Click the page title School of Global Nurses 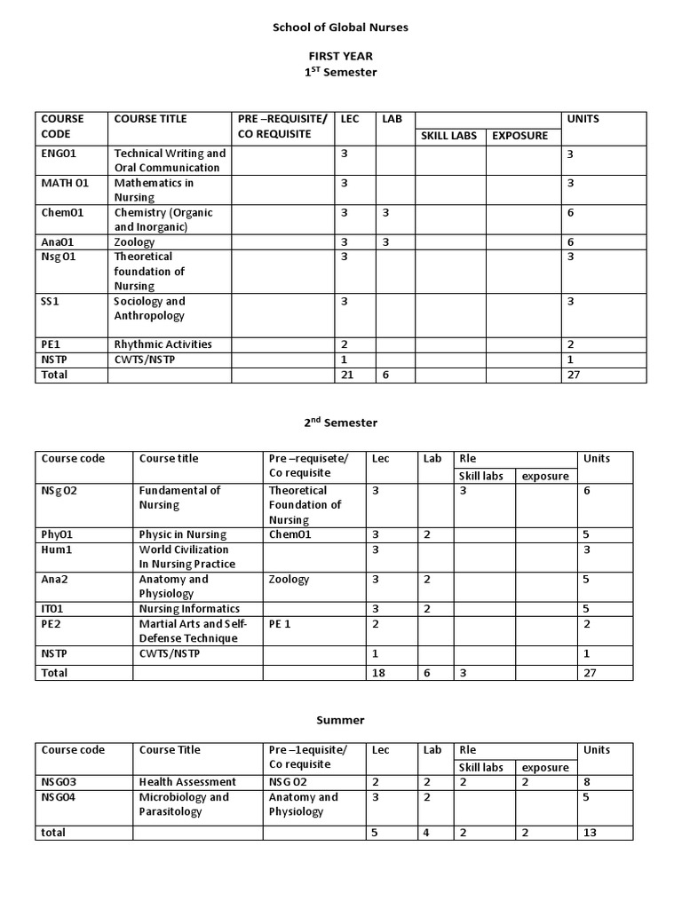pos(340,28)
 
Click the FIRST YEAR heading pos(340,57)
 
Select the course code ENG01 pos(59,153)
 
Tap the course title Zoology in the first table pos(134,241)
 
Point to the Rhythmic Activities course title pos(163,344)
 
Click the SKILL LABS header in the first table pos(448,136)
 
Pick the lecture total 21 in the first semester pos(347,375)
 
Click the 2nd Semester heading pos(340,423)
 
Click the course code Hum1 pos(56,549)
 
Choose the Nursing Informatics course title pos(189,609)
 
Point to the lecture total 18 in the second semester pos(378,673)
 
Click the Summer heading pos(341,720)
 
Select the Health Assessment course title pos(187,782)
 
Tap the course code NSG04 pos(60,797)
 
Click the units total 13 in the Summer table pos(590,833)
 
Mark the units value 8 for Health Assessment pos(587,782)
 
